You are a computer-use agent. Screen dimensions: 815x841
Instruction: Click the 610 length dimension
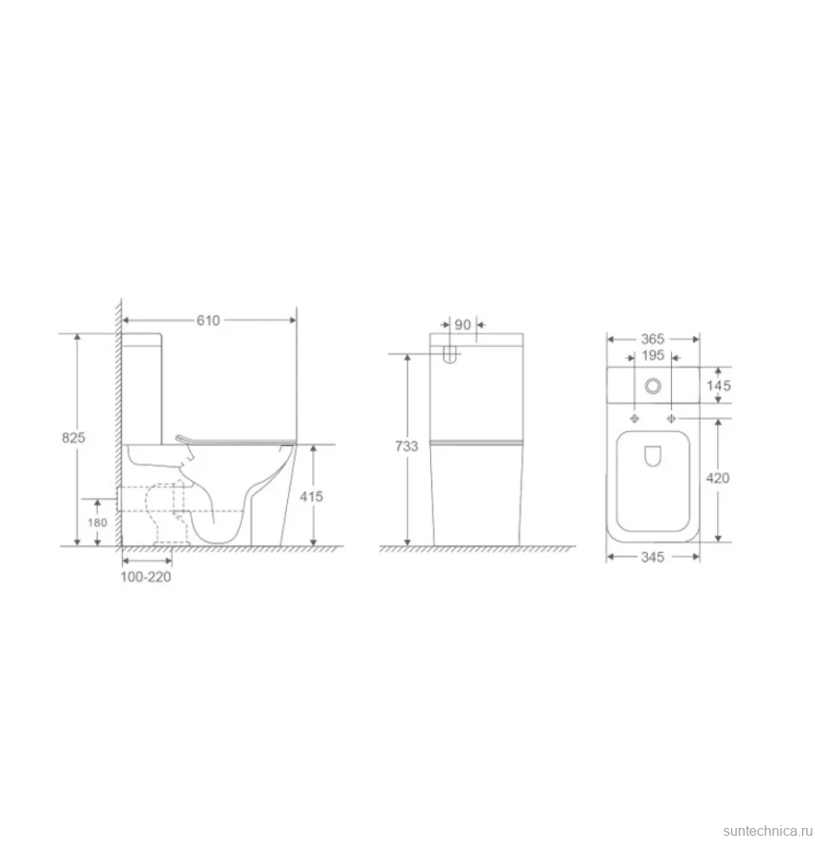(x=208, y=320)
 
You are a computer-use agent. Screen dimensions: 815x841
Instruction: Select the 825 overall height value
(x=74, y=438)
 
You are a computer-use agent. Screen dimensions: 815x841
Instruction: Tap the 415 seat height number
(x=311, y=496)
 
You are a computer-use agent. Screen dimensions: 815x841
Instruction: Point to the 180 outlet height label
(x=98, y=523)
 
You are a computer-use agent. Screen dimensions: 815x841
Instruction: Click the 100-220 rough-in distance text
(x=146, y=577)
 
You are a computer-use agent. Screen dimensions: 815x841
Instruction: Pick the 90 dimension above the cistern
(x=462, y=324)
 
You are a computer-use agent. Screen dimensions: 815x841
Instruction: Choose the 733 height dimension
(x=407, y=447)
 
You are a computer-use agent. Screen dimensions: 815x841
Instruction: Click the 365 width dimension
(x=653, y=339)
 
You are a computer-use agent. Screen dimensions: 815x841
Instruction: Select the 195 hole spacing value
(x=653, y=355)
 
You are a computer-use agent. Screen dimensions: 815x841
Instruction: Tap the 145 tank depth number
(x=719, y=386)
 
